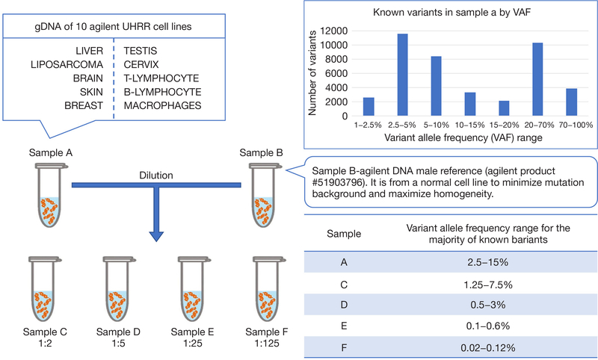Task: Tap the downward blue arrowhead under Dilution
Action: point(157,235)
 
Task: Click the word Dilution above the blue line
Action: point(157,176)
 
